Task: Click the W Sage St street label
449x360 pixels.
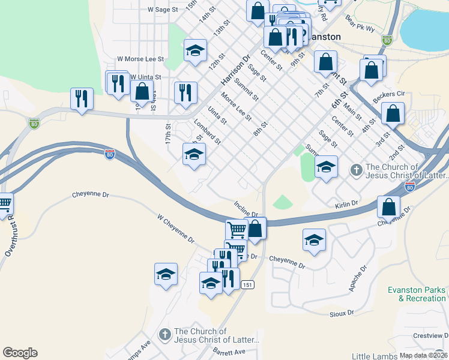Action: [x=163, y=10]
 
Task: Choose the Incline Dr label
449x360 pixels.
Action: [x=246, y=210]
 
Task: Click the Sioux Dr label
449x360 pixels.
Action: [x=343, y=313]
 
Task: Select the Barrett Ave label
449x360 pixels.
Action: [x=232, y=352]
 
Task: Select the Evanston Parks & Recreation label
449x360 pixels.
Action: [x=417, y=294]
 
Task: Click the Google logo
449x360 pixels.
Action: [x=20, y=353]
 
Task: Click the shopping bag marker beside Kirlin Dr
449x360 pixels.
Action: [x=389, y=207]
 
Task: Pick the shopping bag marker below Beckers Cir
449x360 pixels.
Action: [x=393, y=113]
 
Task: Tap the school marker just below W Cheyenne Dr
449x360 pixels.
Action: [x=166, y=275]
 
